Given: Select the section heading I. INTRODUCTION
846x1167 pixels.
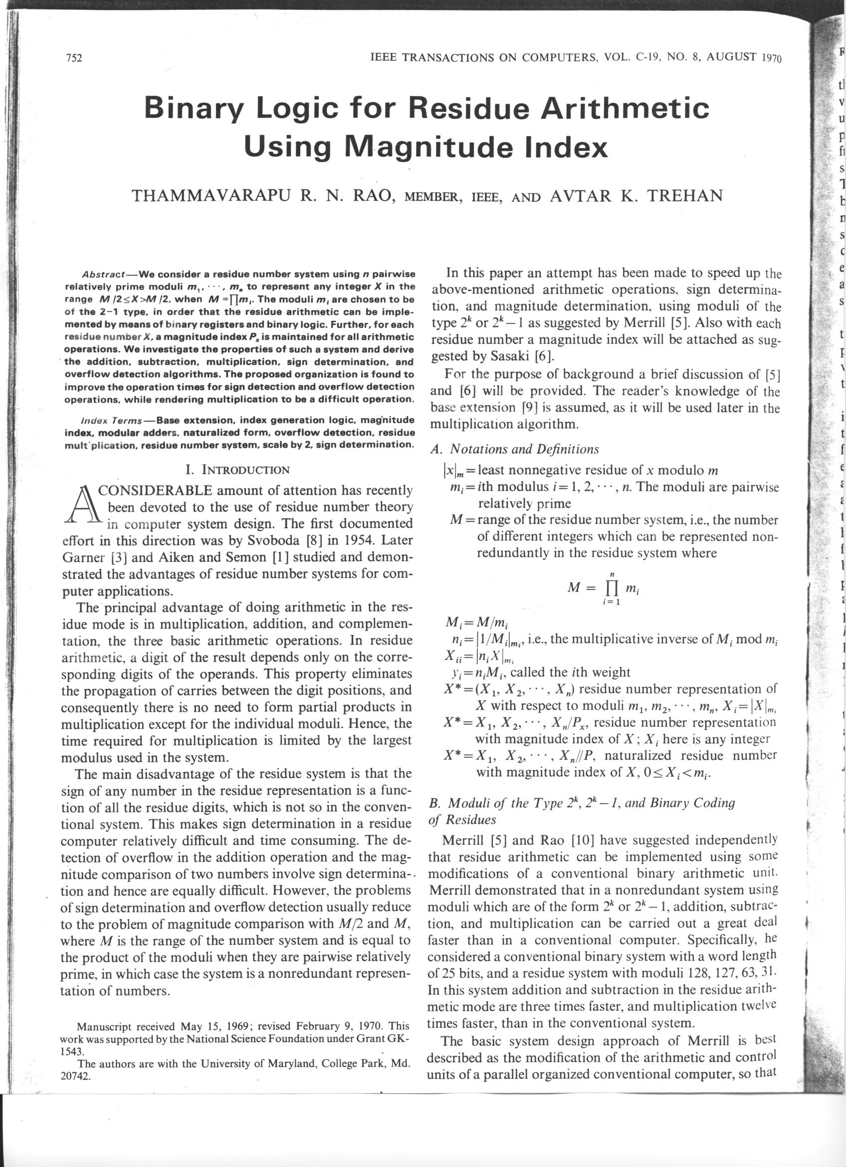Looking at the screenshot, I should pos(237,469).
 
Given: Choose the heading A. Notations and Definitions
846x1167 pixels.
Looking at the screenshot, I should pos(514,449).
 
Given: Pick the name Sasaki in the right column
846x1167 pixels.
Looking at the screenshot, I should pos(507,356).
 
